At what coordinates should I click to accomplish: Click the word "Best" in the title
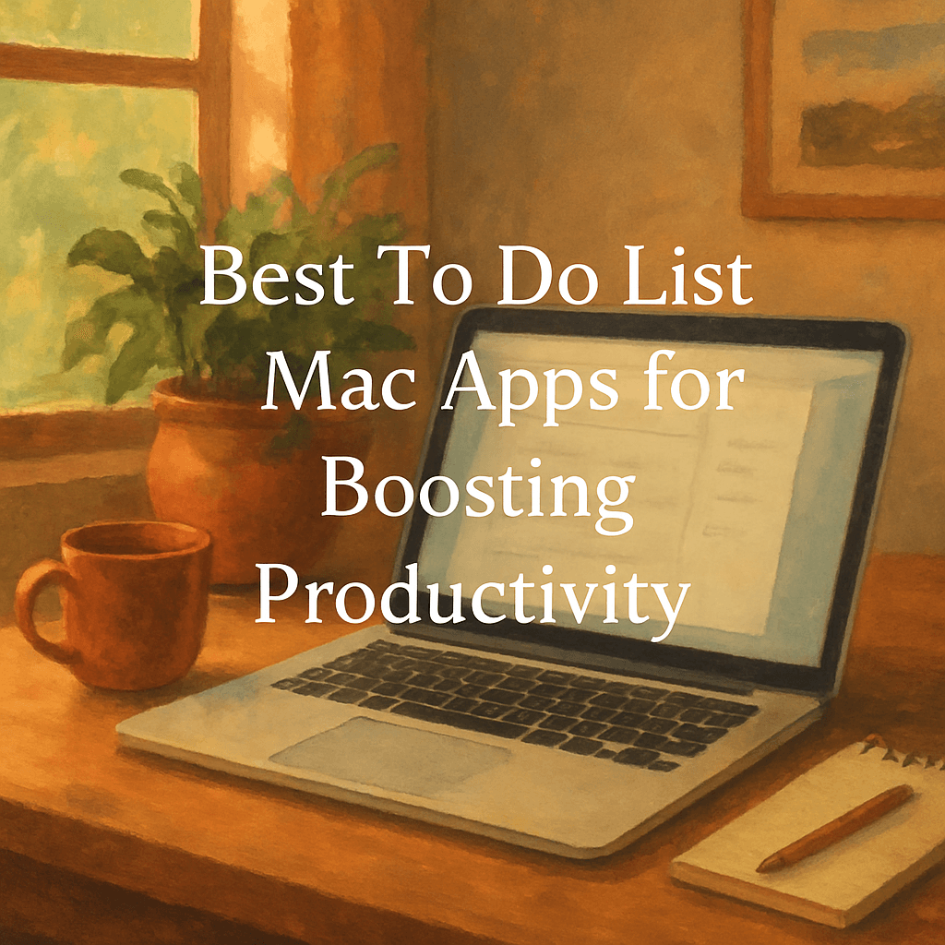coord(270,279)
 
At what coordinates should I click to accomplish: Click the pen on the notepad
coord(835,827)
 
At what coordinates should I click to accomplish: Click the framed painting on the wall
coord(844,106)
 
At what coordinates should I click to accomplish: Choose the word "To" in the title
coord(428,279)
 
